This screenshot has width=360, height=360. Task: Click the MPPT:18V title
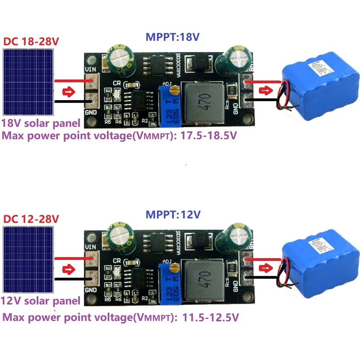tap(173, 37)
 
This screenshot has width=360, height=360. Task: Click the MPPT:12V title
tap(173, 215)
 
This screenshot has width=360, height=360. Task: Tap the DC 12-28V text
tap(31, 219)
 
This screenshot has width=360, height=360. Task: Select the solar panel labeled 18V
tap(28, 82)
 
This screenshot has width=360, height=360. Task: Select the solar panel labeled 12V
tap(28, 260)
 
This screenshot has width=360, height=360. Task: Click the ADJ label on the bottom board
tap(167, 261)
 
